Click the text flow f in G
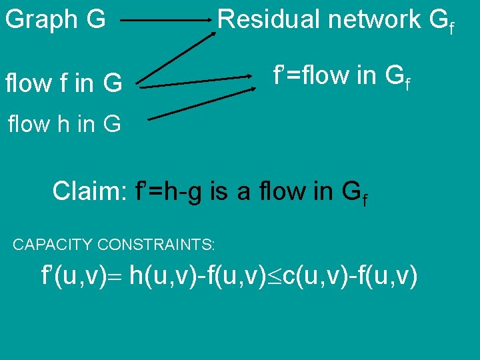[63, 84]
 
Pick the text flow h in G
[64, 124]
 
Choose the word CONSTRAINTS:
[157, 245]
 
